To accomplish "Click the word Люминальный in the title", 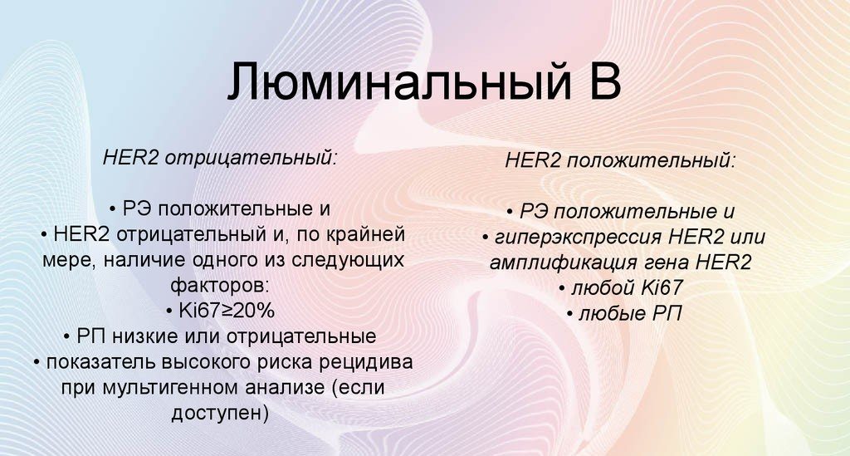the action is click(399, 82).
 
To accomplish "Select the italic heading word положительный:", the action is click(652, 161).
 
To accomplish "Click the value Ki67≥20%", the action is click(227, 311).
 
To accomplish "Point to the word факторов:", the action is click(219, 285).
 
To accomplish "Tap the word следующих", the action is click(348, 260).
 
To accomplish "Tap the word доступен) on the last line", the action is click(220, 414).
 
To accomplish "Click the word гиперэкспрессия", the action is click(579, 237).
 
